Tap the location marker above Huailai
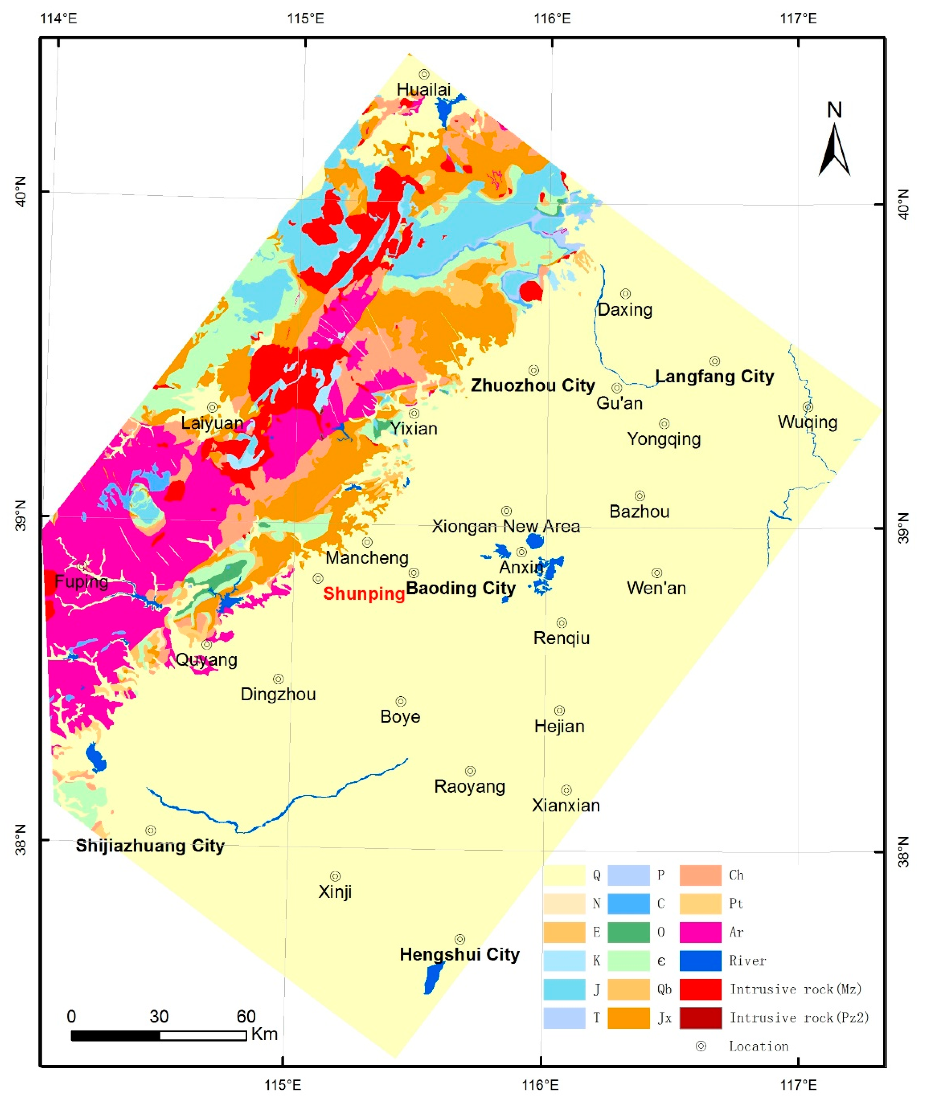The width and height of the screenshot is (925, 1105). [424, 74]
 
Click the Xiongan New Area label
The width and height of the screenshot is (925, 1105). [506, 526]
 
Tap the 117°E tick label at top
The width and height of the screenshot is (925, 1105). [798, 19]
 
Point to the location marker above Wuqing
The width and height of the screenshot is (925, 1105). [808, 407]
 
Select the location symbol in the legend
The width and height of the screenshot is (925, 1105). [701, 1046]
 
